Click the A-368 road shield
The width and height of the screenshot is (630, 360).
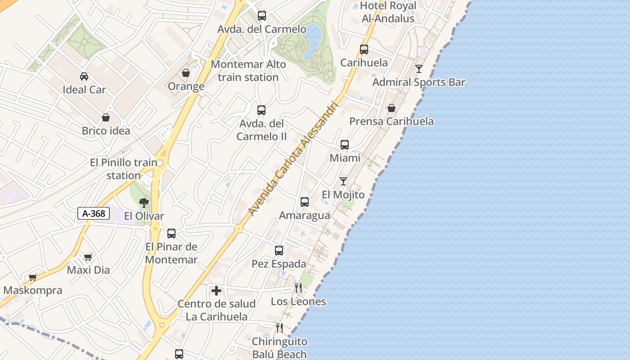click(94, 213)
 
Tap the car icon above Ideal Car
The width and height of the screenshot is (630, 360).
click(84, 76)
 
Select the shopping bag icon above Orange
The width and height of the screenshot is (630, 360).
click(186, 72)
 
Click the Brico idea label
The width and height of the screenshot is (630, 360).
click(106, 131)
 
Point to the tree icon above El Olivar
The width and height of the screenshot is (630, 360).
click(144, 202)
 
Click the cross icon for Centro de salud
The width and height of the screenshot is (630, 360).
click(216, 291)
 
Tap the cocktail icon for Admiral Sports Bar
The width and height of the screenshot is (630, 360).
click(419, 68)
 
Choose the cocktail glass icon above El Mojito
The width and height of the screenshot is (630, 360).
click(343, 181)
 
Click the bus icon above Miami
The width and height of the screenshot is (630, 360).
click(345, 144)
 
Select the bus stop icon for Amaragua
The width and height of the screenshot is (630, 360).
click(305, 202)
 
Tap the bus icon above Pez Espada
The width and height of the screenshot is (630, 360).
click(279, 250)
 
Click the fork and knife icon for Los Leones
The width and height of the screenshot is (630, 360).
click(298, 288)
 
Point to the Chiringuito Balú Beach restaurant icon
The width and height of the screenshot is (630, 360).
click(279, 328)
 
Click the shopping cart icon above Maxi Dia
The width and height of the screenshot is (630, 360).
click(88, 257)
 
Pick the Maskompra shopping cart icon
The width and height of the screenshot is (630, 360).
click(32, 277)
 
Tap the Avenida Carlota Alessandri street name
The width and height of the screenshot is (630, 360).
click(292, 158)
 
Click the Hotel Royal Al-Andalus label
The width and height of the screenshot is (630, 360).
click(387, 12)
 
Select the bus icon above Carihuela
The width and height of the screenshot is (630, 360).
click(364, 49)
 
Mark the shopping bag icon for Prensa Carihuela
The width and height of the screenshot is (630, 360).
click(391, 108)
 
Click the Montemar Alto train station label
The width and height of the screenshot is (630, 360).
click(248, 71)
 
